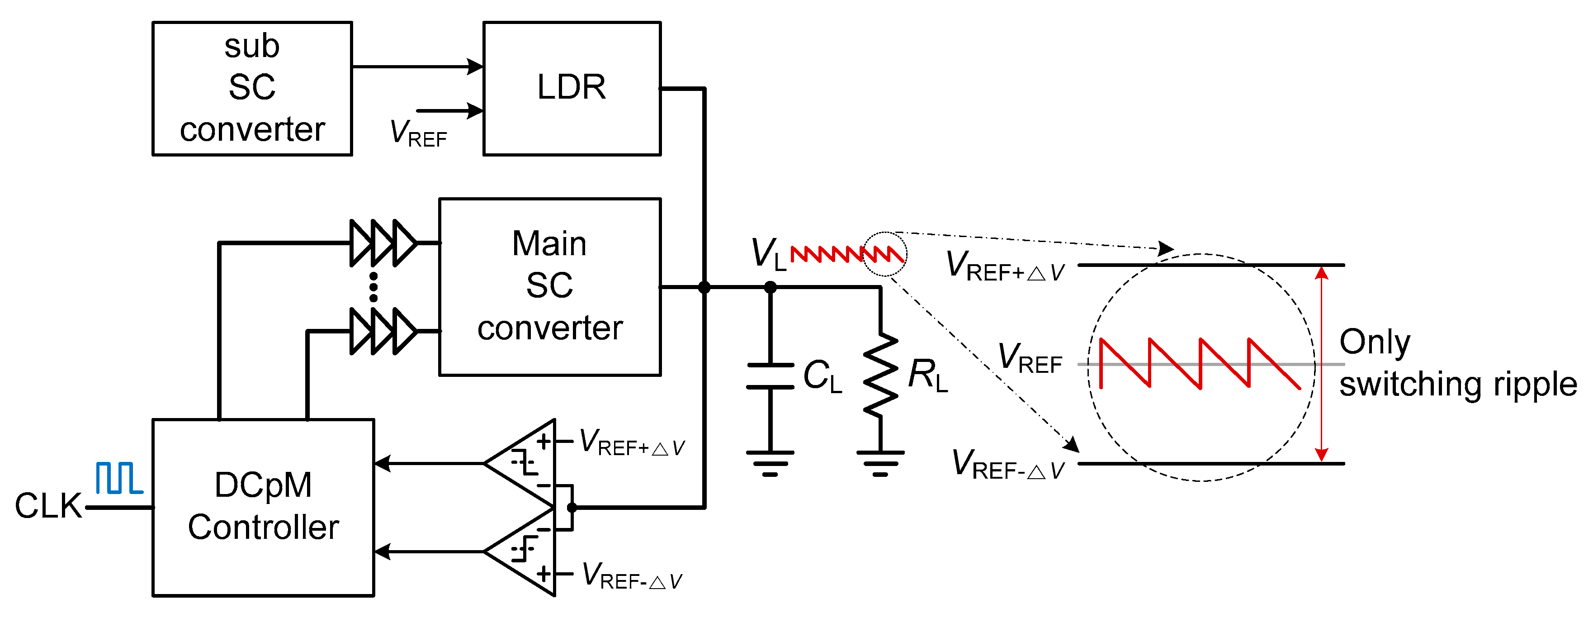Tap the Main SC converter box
549,286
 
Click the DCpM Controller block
263,507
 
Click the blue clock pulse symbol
119,478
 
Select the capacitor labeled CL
770,376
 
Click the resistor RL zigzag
880,375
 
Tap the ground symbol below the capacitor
770,463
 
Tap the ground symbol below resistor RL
880,463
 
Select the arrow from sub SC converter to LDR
417,66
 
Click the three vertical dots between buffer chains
373,287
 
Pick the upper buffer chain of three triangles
383,243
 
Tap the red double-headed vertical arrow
1322,364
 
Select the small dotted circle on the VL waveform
885,254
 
